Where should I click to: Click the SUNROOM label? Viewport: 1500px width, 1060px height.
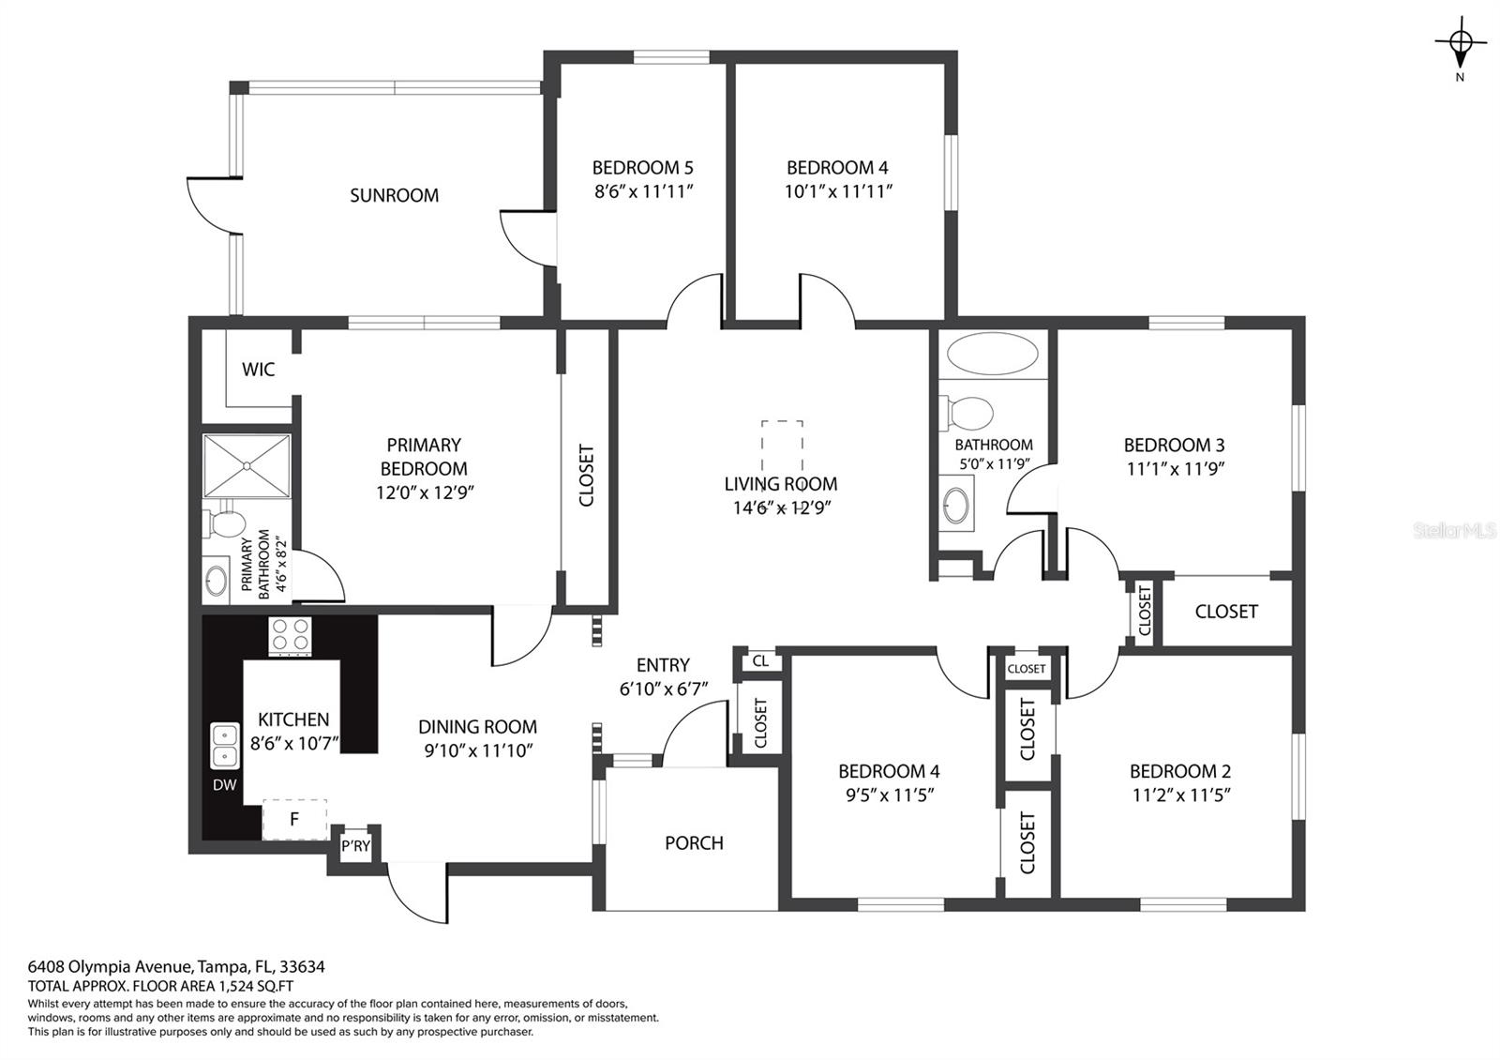pyautogui.click(x=394, y=196)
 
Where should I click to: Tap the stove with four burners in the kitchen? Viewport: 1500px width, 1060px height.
pyautogui.click(x=290, y=636)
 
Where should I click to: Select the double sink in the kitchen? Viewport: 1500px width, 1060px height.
pyautogui.click(x=225, y=745)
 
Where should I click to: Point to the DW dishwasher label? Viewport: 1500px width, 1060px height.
pyautogui.click(x=225, y=784)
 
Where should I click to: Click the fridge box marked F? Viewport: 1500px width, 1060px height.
pyautogui.click(x=294, y=819)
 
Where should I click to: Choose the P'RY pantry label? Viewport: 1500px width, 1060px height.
pyautogui.click(x=355, y=845)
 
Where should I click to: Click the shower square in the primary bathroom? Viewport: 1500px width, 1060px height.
pyautogui.click(x=247, y=466)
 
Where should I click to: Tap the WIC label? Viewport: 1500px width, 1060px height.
pyautogui.click(x=259, y=370)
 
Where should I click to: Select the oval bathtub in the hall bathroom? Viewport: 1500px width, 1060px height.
pyautogui.click(x=993, y=354)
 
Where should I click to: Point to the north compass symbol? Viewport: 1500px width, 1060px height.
pyautogui.click(x=1460, y=43)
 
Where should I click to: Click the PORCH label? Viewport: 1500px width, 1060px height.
pyautogui.click(x=695, y=843)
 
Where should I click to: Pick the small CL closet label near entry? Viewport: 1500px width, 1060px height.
pyautogui.click(x=760, y=661)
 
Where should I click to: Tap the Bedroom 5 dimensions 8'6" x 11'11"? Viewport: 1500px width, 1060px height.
pyautogui.click(x=643, y=191)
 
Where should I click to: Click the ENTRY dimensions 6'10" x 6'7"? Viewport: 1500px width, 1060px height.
pyautogui.click(x=664, y=689)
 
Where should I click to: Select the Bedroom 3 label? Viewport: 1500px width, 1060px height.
pyautogui.click(x=1174, y=445)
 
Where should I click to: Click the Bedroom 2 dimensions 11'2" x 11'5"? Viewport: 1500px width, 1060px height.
pyautogui.click(x=1181, y=795)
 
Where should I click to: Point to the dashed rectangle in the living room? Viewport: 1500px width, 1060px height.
pyautogui.click(x=782, y=447)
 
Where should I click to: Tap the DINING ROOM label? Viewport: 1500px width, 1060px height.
pyautogui.click(x=477, y=727)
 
